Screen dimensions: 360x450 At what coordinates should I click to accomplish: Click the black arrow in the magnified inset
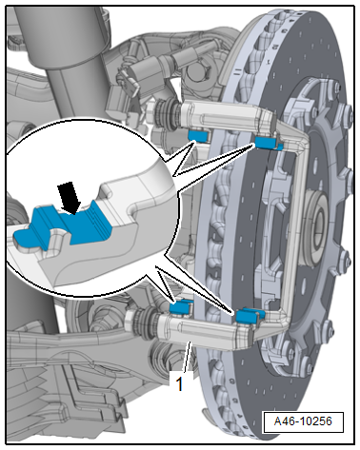coord(70,198)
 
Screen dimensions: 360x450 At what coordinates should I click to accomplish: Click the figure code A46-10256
coord(303,421)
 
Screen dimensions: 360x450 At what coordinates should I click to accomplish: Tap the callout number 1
coord(179,383)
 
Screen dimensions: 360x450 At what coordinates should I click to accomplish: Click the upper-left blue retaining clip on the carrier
coord(197,135)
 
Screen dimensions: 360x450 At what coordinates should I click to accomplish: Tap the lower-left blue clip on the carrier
coord(181,307)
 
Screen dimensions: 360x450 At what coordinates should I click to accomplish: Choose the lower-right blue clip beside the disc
coord(250,316)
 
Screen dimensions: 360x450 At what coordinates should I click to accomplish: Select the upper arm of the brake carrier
coord(229,117)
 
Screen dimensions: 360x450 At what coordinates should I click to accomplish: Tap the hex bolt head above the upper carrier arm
coord(198,72)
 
